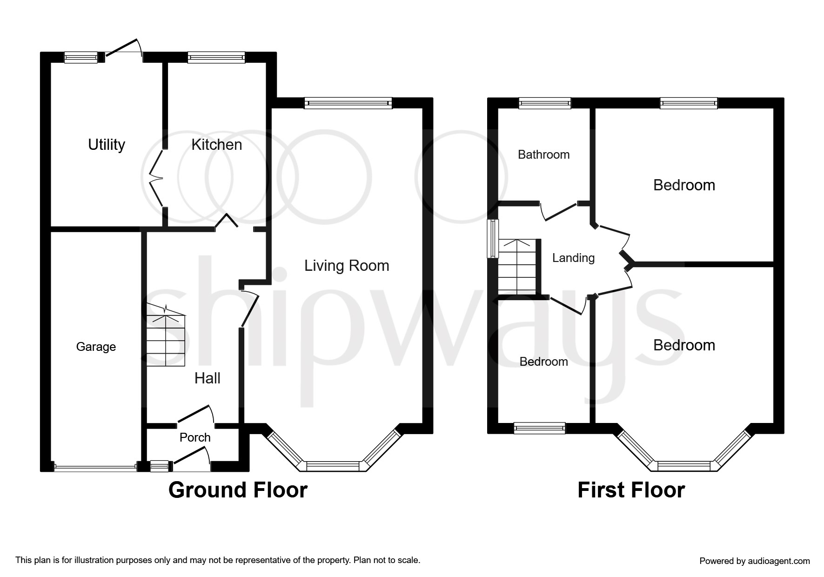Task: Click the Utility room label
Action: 107,145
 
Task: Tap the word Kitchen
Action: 217,145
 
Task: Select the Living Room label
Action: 347,266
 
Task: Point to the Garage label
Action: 96,347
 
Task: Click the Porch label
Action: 195,437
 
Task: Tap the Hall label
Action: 208,378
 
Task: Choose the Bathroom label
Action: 543,154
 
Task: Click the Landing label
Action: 573,258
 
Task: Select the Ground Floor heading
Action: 238,490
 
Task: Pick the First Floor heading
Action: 631,490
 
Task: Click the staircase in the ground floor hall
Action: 166,335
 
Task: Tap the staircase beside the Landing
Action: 517,267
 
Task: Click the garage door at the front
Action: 95,467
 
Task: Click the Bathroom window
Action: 545,103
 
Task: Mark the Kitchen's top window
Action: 216,57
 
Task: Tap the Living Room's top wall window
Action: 348,103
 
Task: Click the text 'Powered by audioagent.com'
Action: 755,561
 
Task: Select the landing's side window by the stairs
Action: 493,238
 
